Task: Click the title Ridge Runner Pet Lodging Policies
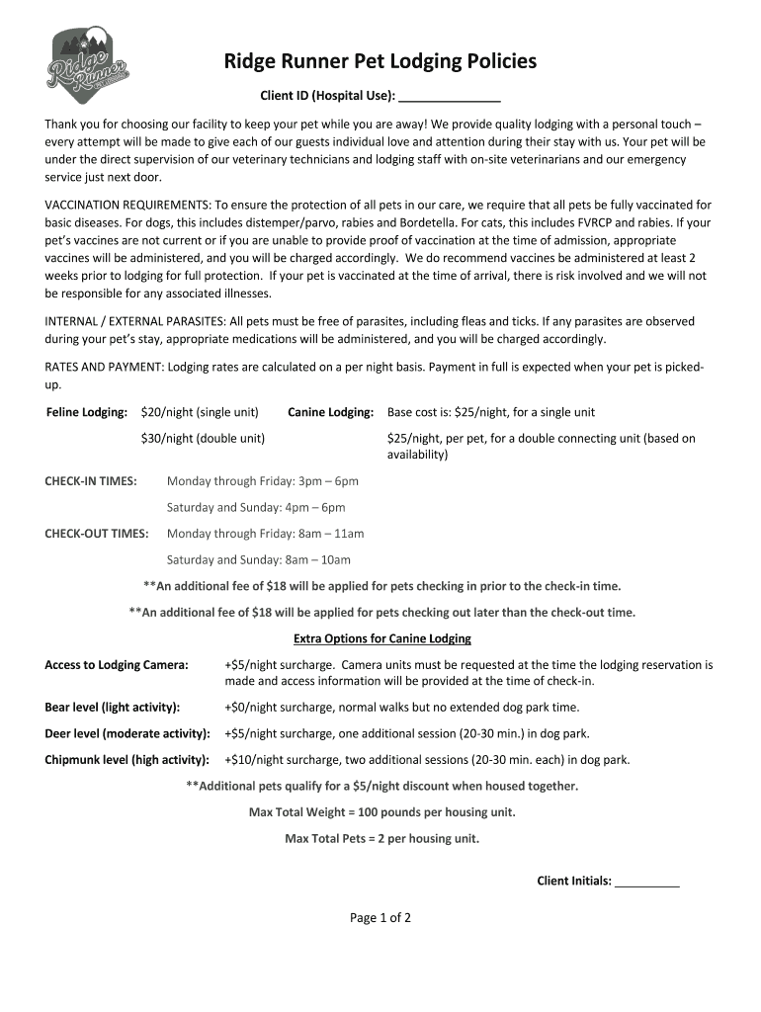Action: pos(380,62)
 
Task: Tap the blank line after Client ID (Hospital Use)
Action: pos(450,96)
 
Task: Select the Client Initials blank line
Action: pos(646,881)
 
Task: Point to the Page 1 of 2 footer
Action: pos(380,917)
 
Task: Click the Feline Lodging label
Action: pos(87,411)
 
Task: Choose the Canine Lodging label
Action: pos(330,411)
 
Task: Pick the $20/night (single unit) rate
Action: pos(200,411)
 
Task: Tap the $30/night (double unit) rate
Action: pos(203,438)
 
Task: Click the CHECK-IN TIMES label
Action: pos(91,481)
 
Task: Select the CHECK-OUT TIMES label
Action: pos(97,534)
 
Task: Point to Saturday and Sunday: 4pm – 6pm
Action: pos(256,507)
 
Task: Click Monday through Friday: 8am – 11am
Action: pos(265,534)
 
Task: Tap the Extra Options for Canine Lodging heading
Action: pos(382,638)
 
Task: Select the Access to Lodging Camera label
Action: pos(117,665)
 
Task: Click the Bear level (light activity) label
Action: pos(113,708)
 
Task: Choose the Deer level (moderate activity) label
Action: pos(127,733)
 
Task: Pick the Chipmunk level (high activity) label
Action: pos(127,760)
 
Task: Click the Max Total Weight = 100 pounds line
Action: pos(382,812)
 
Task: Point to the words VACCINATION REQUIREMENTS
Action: pos(127,205)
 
